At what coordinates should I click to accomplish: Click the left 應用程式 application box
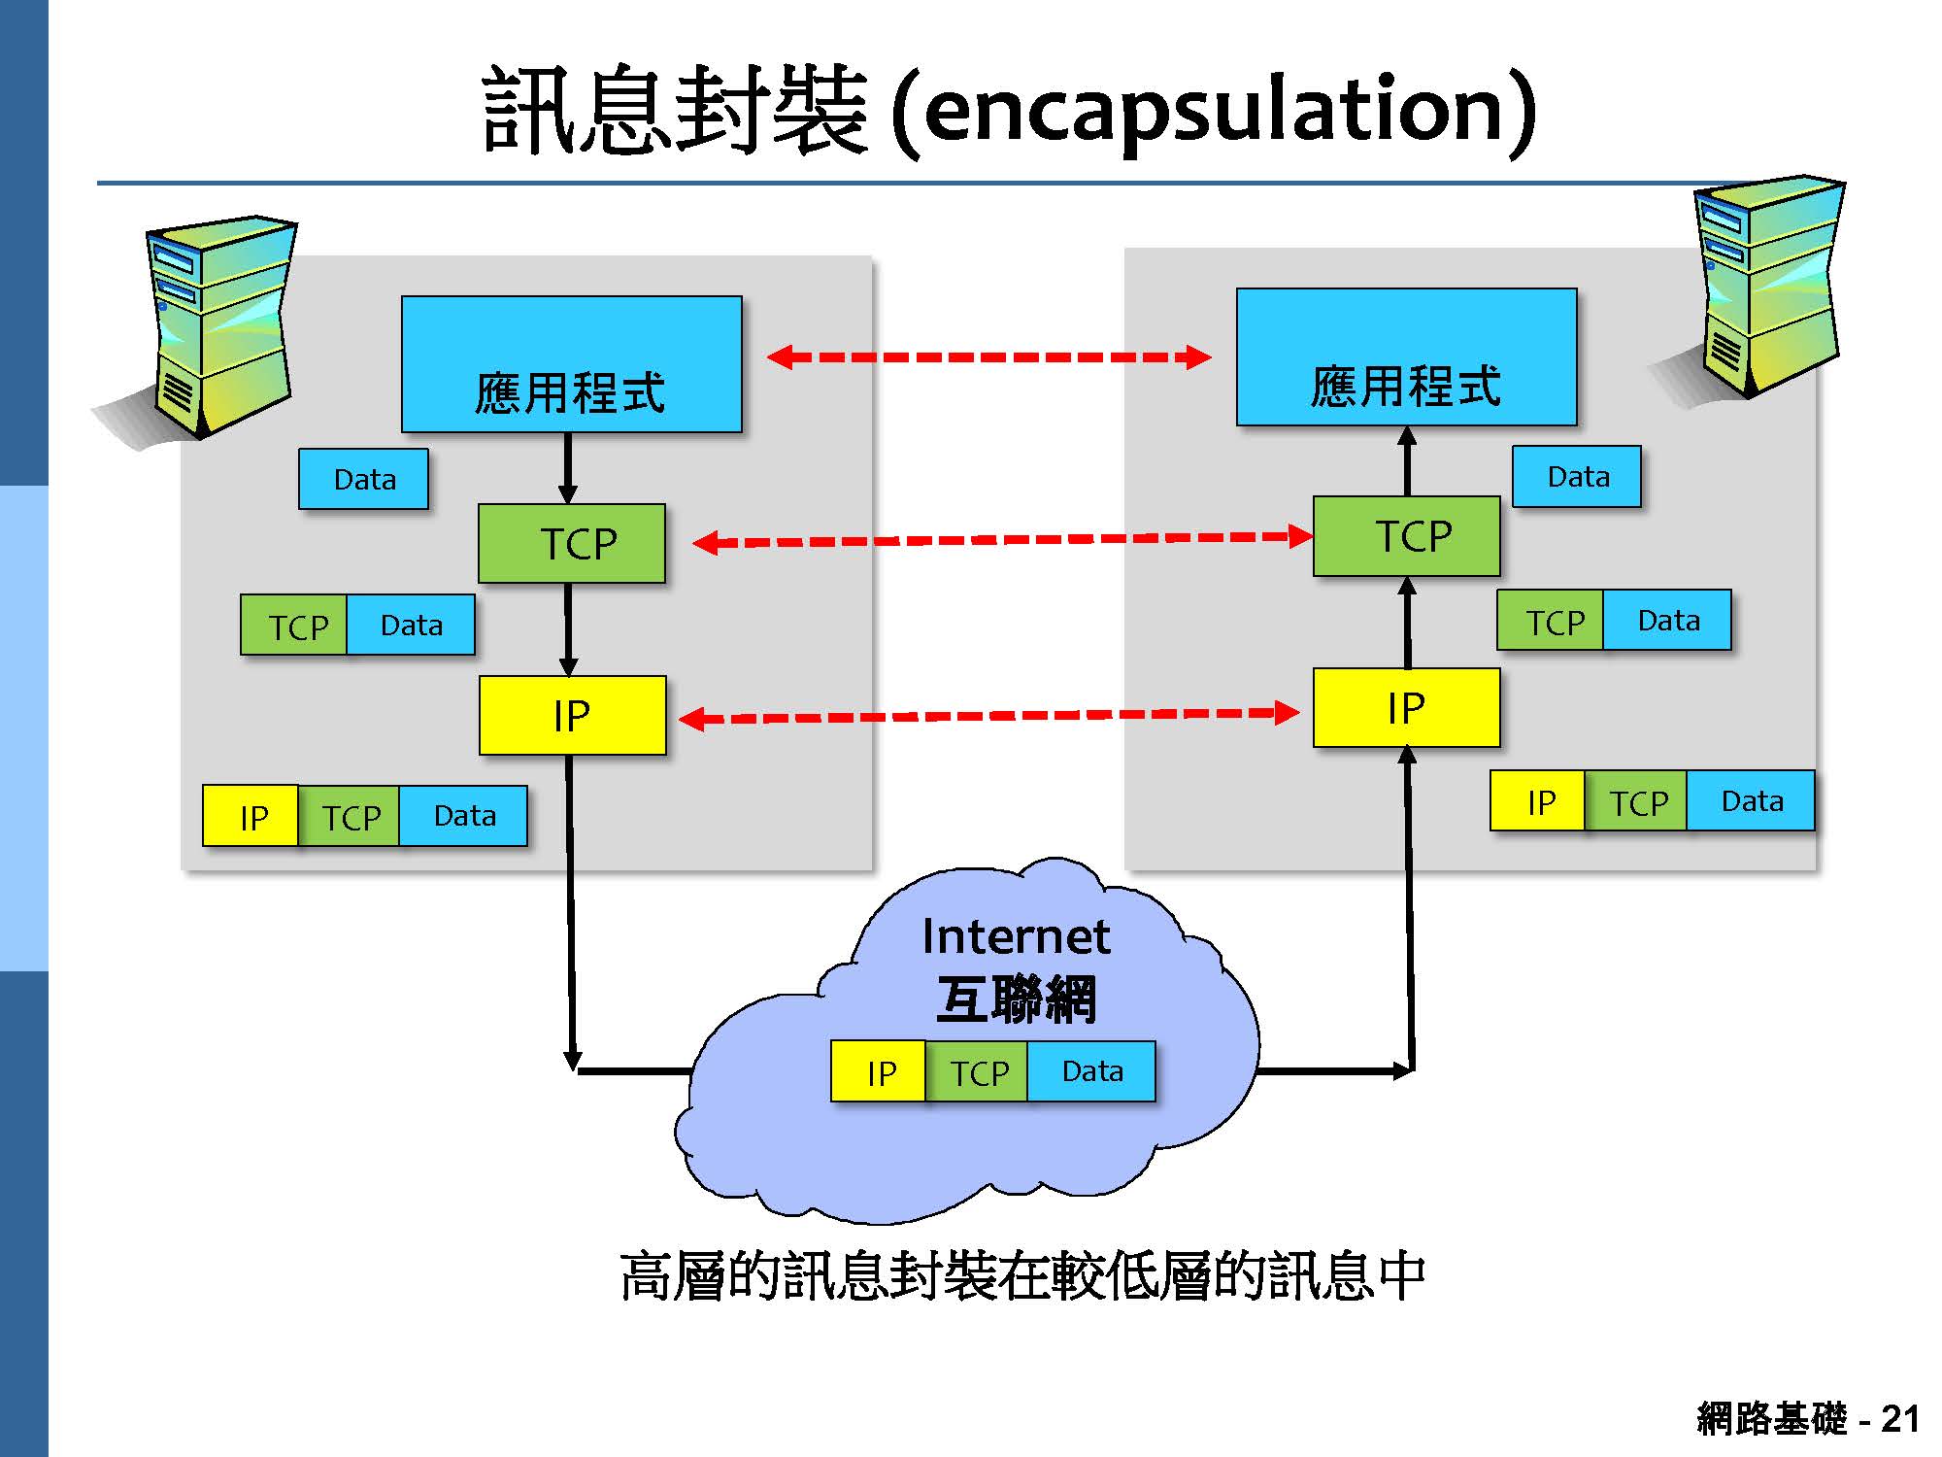point(571,364)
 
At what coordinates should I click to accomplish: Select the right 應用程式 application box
point(1406,357)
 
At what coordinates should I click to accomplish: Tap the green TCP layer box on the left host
point(572,543)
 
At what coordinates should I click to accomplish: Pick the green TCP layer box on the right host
point(1406,536)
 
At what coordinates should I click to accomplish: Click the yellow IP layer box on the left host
point(572,716)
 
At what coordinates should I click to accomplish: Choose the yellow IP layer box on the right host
point(1406,708)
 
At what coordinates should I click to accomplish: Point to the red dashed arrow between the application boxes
point(988,357)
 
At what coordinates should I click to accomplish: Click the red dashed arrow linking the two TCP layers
point(1000,539)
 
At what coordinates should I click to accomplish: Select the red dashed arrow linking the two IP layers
point(988,717)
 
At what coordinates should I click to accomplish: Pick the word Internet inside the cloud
point(1016,936)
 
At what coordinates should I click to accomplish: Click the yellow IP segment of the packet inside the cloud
point(880,1072)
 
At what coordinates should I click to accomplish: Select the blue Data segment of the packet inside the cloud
point(1091,1071)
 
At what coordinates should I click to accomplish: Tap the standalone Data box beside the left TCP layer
point(364,479)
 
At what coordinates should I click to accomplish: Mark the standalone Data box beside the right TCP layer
point(1577,477)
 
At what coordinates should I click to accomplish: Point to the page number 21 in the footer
point(1899,1419)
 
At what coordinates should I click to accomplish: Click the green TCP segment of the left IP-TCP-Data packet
point(351,817)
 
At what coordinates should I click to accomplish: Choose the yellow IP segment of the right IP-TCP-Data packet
point(1539,802)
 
